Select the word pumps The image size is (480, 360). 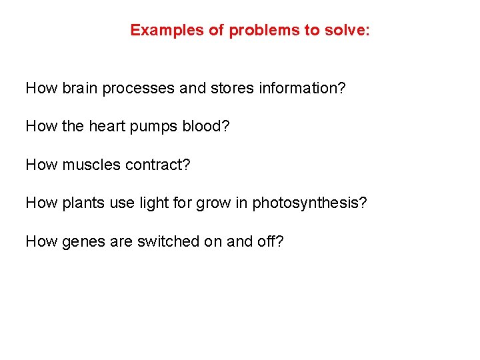(x=157, y=126)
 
